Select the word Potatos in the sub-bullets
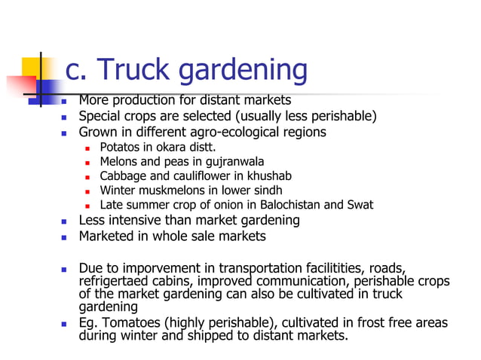pyautogui.click(x=120, y=147)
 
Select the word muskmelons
pyautogui.click(x=176, y=190)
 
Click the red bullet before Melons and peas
pyautogui.click(x=88, y=162)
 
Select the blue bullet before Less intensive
pyautogui.click(x=65, y=221)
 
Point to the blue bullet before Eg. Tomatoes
pyautogui.click(x=65, y=324)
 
